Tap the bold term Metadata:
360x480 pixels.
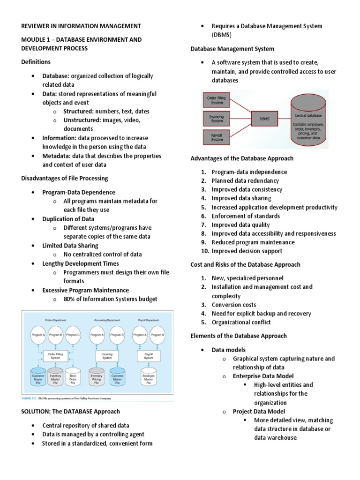(x=58, y=156)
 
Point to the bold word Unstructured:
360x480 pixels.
(x=83, y=120)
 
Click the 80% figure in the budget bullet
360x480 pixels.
(x=70, y=299)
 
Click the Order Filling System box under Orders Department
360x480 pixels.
(x=56, y=356)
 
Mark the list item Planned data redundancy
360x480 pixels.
(x=245, y=180)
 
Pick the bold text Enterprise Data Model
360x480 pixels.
(x=263, y=376)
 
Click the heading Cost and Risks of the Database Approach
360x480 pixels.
(x=245, y=264)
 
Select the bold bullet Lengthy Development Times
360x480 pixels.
(x=81, y=263)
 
